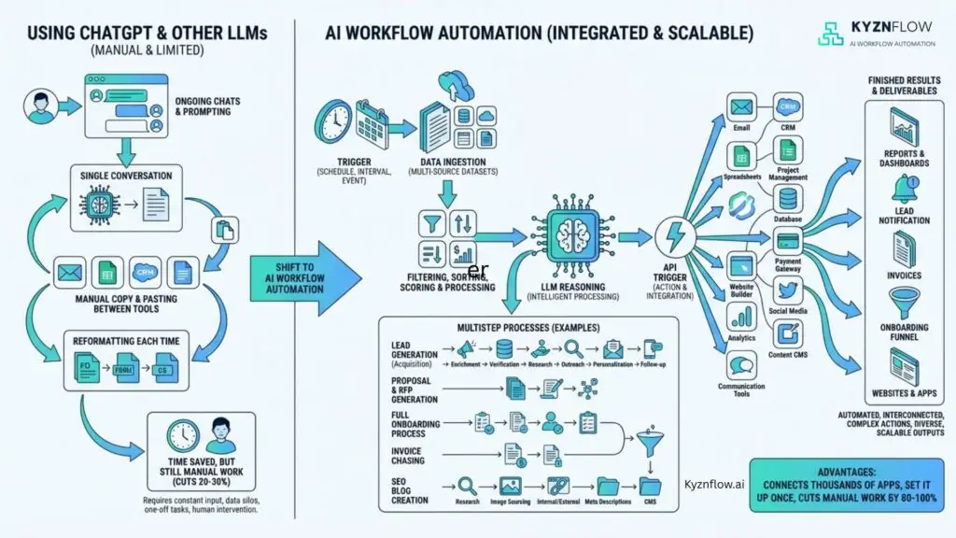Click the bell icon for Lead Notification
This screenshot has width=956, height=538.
pos(904,190)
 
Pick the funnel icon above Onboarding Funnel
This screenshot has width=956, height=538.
pos(904,302)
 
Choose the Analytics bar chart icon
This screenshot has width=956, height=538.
pos(742,317)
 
